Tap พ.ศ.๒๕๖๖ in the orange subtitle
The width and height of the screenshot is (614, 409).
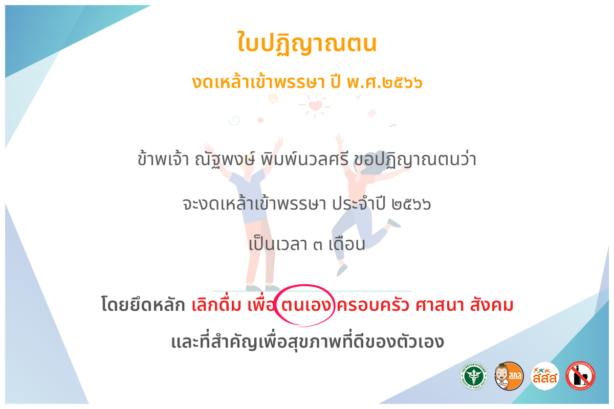[x=384, y=82]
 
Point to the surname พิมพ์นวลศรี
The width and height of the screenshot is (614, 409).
[x=304, y=159]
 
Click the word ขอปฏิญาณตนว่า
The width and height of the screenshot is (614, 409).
[x=415, y=160]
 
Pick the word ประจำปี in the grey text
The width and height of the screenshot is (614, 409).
[x=359, y=203]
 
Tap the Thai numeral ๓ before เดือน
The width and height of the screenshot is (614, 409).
[x=318, y=244]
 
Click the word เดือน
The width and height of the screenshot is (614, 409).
[x=347, y=243]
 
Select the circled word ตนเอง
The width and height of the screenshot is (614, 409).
[x=305, y=305]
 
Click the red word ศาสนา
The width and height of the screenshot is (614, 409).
[x=440, y=305]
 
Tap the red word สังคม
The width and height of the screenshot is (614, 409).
[x=492, y=305]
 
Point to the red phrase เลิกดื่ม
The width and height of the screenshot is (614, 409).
[x=216, y=305]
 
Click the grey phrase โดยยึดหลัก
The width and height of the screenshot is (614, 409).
[x=143, y=305]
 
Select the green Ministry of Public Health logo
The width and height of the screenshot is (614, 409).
[x=474, y=376]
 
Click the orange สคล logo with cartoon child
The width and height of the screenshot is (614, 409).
[x=509, y=376]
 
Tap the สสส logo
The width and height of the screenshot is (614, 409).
[x=545, y=376]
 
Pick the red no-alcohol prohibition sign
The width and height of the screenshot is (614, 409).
[x=580, y=376]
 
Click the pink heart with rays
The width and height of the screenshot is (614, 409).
[x=315, y=105]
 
